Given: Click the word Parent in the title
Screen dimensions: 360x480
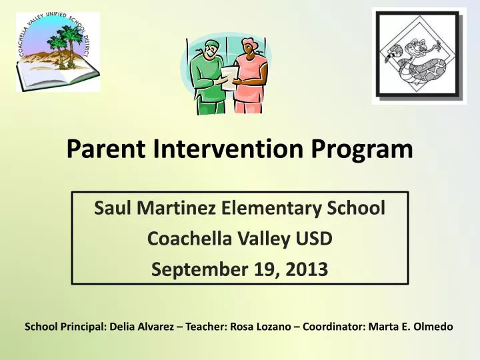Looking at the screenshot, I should click(106, 149).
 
